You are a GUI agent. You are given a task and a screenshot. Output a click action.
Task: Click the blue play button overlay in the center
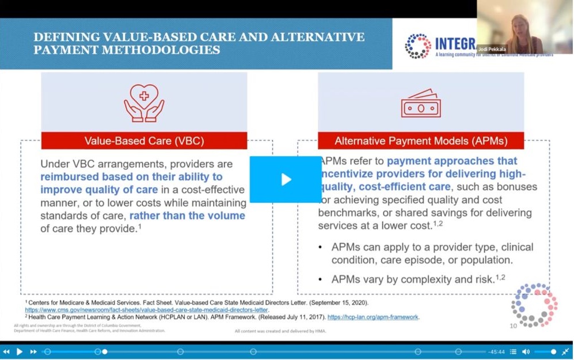point(286,179)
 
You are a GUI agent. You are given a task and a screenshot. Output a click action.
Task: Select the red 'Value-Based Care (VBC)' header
point(144,141)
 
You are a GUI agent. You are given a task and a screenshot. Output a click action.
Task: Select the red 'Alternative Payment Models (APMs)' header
point(421,141)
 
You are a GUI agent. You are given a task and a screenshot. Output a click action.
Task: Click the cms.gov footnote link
point(146,309)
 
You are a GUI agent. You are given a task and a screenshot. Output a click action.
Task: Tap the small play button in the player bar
point(20,351)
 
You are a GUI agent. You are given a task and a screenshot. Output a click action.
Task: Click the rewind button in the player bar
point(6,351)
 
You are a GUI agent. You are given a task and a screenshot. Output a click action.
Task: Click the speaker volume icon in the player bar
point(526,351)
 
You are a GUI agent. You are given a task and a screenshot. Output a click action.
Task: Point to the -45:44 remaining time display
point(496,351)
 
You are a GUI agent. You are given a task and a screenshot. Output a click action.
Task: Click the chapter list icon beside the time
point(513,351)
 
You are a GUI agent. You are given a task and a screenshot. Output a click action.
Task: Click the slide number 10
point(513,326)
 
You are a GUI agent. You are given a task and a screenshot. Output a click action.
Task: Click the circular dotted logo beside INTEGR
point(418,46)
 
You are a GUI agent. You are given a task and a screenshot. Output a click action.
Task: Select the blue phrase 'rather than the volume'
point(187,216)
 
